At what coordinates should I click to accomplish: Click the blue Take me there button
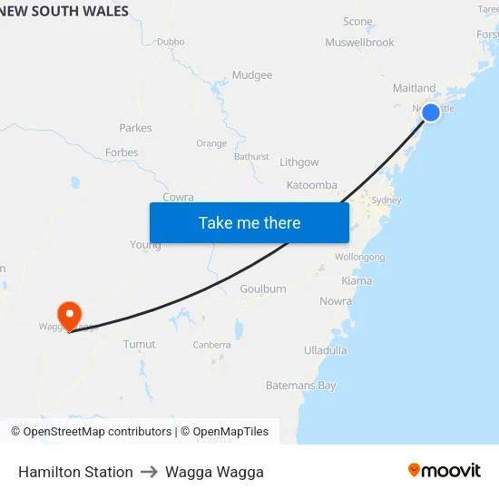249,223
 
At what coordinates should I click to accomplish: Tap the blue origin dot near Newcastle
432,113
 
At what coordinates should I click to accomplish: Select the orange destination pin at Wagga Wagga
69,315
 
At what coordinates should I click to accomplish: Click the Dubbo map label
171,42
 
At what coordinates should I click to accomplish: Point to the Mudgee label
252,75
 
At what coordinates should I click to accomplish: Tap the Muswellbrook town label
359,43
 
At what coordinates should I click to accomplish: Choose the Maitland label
414,89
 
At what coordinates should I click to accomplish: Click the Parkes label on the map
135,128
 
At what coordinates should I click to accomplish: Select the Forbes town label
122,152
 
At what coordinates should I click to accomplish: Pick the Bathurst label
251,156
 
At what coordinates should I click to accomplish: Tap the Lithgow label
299,162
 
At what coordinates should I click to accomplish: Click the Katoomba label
311,185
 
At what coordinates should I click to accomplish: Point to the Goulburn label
263,289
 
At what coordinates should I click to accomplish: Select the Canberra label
211,345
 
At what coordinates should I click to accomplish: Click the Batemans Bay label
300,386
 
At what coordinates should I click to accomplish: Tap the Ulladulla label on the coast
326,349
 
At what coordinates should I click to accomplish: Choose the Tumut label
139,345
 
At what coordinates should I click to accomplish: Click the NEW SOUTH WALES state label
65,12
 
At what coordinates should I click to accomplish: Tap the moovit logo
445,471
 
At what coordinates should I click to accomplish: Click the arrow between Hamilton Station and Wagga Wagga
149,472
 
